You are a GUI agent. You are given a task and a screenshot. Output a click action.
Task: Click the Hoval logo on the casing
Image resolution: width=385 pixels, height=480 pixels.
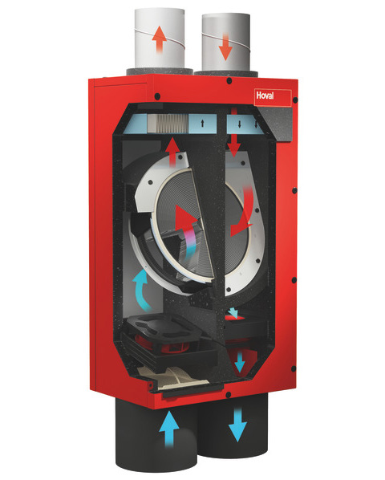(x=265, y=96)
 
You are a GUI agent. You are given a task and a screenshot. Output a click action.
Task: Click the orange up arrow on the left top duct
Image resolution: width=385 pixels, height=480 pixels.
(x=160, y=39)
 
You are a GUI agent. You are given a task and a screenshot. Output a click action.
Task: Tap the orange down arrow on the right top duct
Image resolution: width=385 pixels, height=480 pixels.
(x=225, y=47)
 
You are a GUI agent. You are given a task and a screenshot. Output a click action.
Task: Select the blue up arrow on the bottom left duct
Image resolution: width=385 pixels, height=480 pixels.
(x=168, y=429)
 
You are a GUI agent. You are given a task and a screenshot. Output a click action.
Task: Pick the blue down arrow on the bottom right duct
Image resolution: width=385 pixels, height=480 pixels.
(x=237, y=425)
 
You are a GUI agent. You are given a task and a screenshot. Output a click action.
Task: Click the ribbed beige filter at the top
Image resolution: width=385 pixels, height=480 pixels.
(x=168, y=124)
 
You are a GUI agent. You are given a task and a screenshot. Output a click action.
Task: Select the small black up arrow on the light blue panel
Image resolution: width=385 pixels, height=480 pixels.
(x=202, y=124)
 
